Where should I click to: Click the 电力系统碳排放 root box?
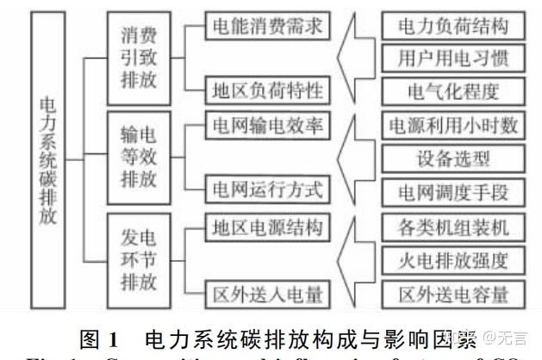pos(50,161)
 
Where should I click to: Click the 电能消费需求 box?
pos(266,26)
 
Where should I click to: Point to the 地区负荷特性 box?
pos(266,88)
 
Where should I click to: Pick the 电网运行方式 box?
pos(266,188)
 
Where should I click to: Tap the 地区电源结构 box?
pos(266,227)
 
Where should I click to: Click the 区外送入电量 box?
pos(266,294)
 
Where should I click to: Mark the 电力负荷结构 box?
pos(452,26)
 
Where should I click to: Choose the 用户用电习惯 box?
pos(452,58)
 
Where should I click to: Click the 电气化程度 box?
pos(452,89)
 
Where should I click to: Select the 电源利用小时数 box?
pos(452,126)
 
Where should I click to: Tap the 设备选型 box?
pos(452,158)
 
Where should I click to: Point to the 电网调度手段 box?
pos(452,189)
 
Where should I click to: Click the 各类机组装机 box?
pos(452,227)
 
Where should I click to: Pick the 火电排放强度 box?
pos(452,259)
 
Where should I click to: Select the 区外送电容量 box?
pos(452,292)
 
